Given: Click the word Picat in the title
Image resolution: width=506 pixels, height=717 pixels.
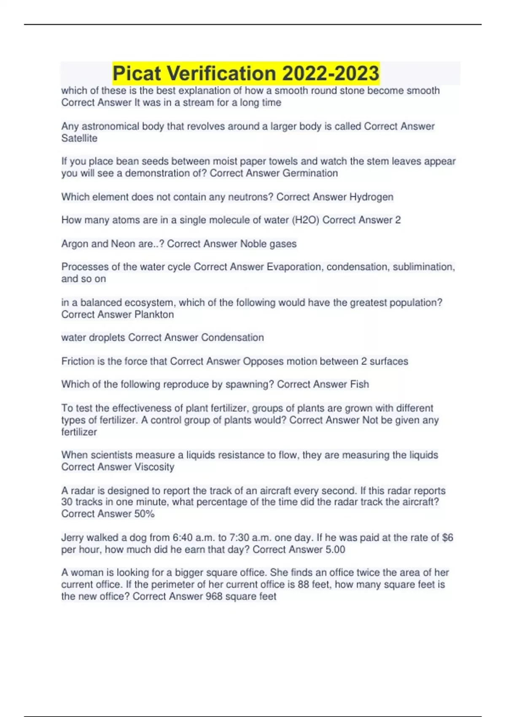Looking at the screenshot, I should [x=137, y=73].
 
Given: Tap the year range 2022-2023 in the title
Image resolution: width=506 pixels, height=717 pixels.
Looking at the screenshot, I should [x=331, y=73].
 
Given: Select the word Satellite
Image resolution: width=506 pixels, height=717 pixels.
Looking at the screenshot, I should [x=79, y=138].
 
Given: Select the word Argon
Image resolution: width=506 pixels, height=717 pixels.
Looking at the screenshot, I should [x=74, y=244].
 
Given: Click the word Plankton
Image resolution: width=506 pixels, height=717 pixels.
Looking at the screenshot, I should [x=154, y=314].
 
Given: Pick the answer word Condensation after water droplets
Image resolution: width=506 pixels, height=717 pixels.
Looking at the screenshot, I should [x=232, y=337].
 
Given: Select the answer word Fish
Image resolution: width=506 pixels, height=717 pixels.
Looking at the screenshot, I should [x=359, y=384].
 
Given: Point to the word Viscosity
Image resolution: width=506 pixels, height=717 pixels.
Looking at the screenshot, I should [x=154, y=467].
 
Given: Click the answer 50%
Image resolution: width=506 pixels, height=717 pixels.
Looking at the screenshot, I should [x=144, y=514].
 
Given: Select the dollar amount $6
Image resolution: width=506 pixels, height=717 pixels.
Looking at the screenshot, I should [x=447, y=538].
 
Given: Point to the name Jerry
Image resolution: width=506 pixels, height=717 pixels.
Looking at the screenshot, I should [x=72, y=538].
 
